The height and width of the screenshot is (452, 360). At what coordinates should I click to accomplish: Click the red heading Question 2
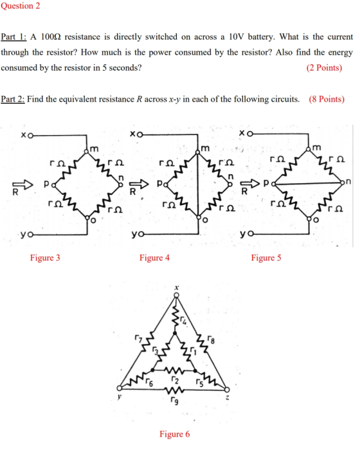pos(21,6)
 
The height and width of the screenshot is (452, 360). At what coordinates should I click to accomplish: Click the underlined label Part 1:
pos(14,37)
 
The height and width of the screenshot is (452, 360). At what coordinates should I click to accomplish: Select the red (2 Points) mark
pos(324,68)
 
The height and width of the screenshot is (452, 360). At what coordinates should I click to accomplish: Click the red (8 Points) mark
pos(327,99)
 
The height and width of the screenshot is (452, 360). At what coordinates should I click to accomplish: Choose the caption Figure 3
pos(45,257)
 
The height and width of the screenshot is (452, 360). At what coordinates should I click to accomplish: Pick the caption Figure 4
pos(154,257)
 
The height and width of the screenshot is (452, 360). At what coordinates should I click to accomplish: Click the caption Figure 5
pos(266,257)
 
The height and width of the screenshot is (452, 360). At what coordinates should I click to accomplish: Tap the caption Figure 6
pos(175,434)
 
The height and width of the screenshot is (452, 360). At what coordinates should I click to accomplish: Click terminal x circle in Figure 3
pos(30,135)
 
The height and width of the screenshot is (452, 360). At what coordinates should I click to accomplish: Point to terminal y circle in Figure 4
pos(141,235)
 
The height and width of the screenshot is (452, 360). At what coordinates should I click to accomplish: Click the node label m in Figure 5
pos(316,148)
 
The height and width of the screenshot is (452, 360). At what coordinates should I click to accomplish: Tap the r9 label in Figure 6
pos(174,401)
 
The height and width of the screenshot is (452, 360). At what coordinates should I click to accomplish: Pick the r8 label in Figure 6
pos(212,339)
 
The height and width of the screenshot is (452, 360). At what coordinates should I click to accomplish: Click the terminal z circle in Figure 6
pos(227,390)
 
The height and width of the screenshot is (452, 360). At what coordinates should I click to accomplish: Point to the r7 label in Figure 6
pos(138,338)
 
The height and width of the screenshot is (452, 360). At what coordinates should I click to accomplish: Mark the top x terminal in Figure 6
pos(176,295)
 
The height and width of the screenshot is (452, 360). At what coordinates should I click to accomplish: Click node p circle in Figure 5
pos(273,183)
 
